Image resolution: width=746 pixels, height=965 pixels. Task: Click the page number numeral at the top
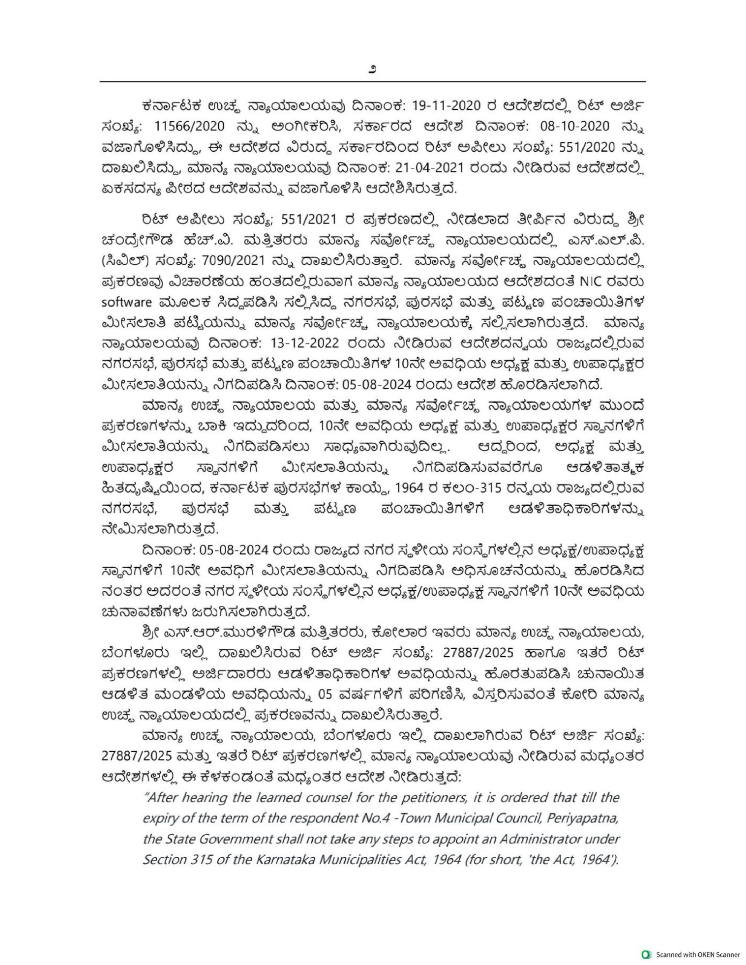tap(372, 69)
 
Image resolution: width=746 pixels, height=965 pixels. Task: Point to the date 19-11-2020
tap(445, 106)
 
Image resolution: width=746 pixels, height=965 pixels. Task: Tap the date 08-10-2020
tap(574, 127)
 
